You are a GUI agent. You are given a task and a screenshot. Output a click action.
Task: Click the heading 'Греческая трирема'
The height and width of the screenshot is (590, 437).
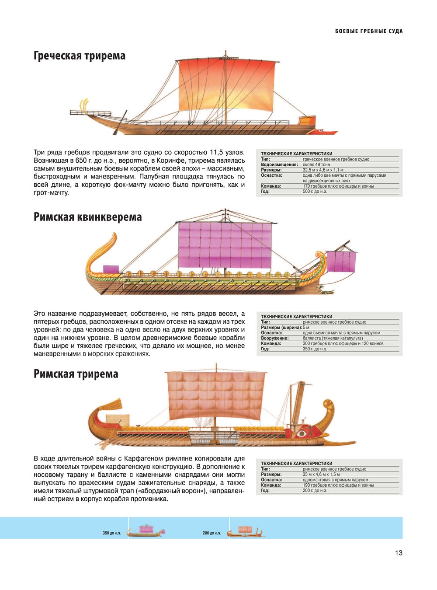(x=79, y=56)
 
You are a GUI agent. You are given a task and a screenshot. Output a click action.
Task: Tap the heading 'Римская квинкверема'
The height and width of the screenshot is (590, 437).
(x=87, y=217)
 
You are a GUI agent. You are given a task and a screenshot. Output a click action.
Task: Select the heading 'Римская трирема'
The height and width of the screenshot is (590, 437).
(x=76, y=374)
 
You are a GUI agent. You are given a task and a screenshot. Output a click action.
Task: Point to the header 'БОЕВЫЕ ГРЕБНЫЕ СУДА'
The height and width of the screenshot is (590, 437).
(x=369, y=31)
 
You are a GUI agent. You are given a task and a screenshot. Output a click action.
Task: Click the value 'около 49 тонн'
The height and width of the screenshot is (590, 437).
(x=316, y=164)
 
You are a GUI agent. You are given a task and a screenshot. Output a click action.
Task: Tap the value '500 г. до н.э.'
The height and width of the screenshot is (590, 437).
(x=315, y=192)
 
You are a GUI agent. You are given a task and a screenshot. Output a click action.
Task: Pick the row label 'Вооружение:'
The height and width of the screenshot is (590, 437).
(x=274, y=339)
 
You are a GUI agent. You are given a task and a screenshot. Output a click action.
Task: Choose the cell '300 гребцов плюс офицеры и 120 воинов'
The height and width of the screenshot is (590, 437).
(x=343, y=344)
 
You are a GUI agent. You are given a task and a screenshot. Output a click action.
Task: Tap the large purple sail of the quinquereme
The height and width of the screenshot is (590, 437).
(x=225, y=245)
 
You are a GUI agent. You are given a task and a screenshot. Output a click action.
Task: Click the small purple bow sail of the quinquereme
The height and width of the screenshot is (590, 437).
(x=341, y=262)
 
